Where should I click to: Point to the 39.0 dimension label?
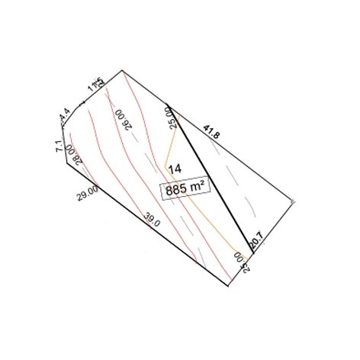(x=152, y=221)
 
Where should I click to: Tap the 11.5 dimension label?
(x=95, y=82)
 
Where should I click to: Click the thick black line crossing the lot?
(x=210, y=172)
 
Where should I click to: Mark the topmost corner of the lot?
(x=123, y=71)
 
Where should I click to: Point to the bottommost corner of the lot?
(x=228, y=288)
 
